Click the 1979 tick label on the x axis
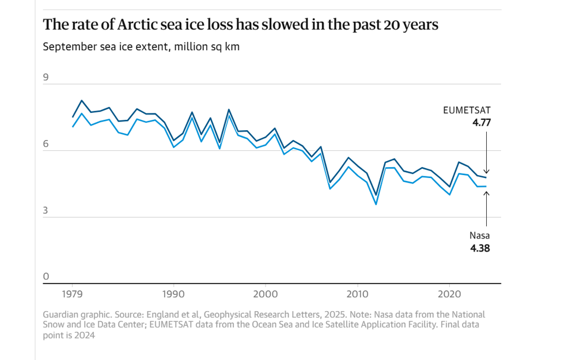(x=73, y=293)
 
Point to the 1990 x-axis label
(x=173, y=293)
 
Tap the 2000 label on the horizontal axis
(x=266, y=293)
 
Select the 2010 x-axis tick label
(x=358, y=293)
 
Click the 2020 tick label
(x=450, y=293)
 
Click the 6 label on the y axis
(x=46, y=144)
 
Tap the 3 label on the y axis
(x=46, y=211)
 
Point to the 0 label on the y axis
(x=46, y=277)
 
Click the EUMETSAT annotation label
(x=467, y=110)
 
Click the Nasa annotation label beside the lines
(x=479, y=236)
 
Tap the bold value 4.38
(x=479, y=249)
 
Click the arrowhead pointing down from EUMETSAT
(x=486, y=171)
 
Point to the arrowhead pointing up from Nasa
(x=486, y=194)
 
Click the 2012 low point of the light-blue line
(x=376, y=204)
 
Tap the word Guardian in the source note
(x=62, y=314)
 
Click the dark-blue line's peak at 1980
(x=82, y=100)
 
